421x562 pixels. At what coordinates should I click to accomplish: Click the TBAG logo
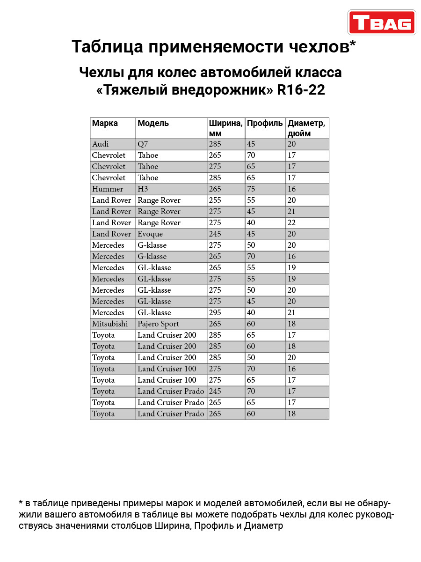tap(382, 22)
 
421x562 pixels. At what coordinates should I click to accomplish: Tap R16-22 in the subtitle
tap(301, 89)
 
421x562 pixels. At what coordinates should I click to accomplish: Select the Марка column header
tap(105, 124)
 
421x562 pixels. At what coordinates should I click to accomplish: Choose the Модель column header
tap(153, 124)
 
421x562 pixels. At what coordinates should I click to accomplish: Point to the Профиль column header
tap(265, 124)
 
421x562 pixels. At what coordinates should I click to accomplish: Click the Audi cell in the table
tap(101, 144)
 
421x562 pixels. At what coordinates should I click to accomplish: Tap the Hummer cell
tap(108, 189)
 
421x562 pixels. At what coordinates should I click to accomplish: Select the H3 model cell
tap(143, 189)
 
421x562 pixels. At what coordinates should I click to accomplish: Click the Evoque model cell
tap(150, 234)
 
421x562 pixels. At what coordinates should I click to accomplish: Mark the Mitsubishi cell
tap(112, 324)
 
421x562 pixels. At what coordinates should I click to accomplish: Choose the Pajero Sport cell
tap(158, 324)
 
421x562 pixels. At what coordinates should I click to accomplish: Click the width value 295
tap(215, 313)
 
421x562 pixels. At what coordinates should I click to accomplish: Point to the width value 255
tap(215, 200)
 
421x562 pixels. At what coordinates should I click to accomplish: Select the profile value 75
tap(251, 189)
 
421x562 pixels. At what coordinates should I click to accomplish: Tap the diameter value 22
tap(292, 223)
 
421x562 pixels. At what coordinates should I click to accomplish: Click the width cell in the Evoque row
tap(215, 234)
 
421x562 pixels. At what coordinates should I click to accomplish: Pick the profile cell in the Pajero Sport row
tap(251, 324)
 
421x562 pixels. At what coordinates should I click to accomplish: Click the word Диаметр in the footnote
tap(264, 526)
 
